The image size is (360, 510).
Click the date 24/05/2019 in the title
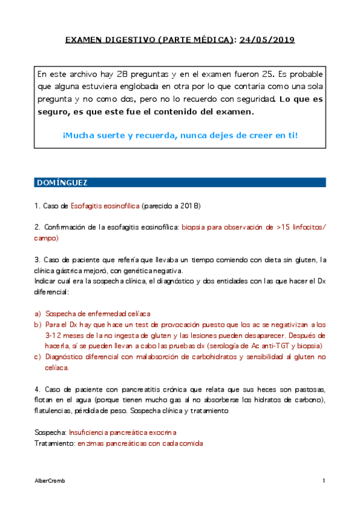267,40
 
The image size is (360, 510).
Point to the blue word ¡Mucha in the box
77,135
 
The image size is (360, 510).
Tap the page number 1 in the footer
323,481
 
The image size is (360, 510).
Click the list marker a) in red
38,314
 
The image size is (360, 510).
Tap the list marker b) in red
38,324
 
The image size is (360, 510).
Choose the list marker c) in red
38,357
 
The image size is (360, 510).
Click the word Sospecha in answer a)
61,314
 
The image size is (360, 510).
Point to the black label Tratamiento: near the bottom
55,443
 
